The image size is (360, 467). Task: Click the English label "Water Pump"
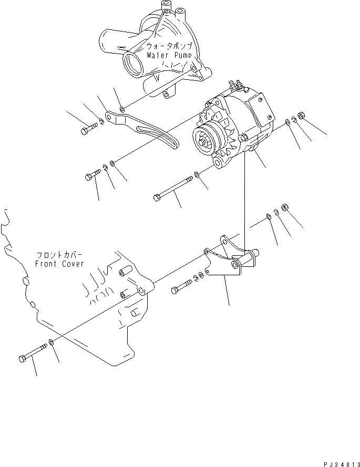(x=171, y=55)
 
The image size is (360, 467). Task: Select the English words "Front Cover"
(x=59, y=264)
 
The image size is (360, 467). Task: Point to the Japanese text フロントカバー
(x=59, y=256)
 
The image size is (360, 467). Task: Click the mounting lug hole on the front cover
(x=141, y=290)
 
